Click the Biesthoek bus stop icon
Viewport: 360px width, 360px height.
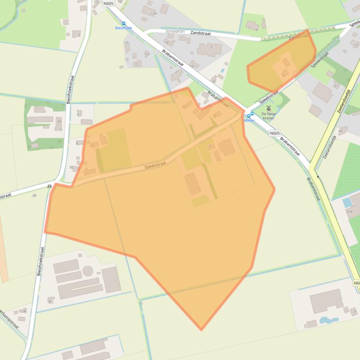(x=124, y=23)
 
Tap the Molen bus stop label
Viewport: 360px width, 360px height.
(x=249, y=120)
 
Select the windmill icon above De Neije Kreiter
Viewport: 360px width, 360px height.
(x=269, y=108)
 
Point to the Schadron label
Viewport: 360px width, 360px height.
(x=175, y=31)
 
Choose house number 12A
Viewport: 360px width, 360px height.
(x=153, y=14)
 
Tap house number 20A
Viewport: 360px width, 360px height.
(x=349, y=211)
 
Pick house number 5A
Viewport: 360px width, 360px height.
(x=23, y=310)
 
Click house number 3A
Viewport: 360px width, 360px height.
(x=59, y=121)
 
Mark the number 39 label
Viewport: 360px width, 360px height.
(x=34, y=195)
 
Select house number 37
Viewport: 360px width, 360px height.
(x=336, y=86)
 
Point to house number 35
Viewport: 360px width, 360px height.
(x=356, y=45)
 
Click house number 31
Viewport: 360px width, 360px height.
(x=354, y=312)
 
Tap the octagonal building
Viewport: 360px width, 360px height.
(x=88, y=271)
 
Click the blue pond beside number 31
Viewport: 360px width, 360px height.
(x=329, y=321)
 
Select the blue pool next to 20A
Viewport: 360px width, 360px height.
(x=346, y=203)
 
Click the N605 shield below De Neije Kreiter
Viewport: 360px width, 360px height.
(x=275, y=133)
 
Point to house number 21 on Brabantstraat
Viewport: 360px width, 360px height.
(x=177, y=72)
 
